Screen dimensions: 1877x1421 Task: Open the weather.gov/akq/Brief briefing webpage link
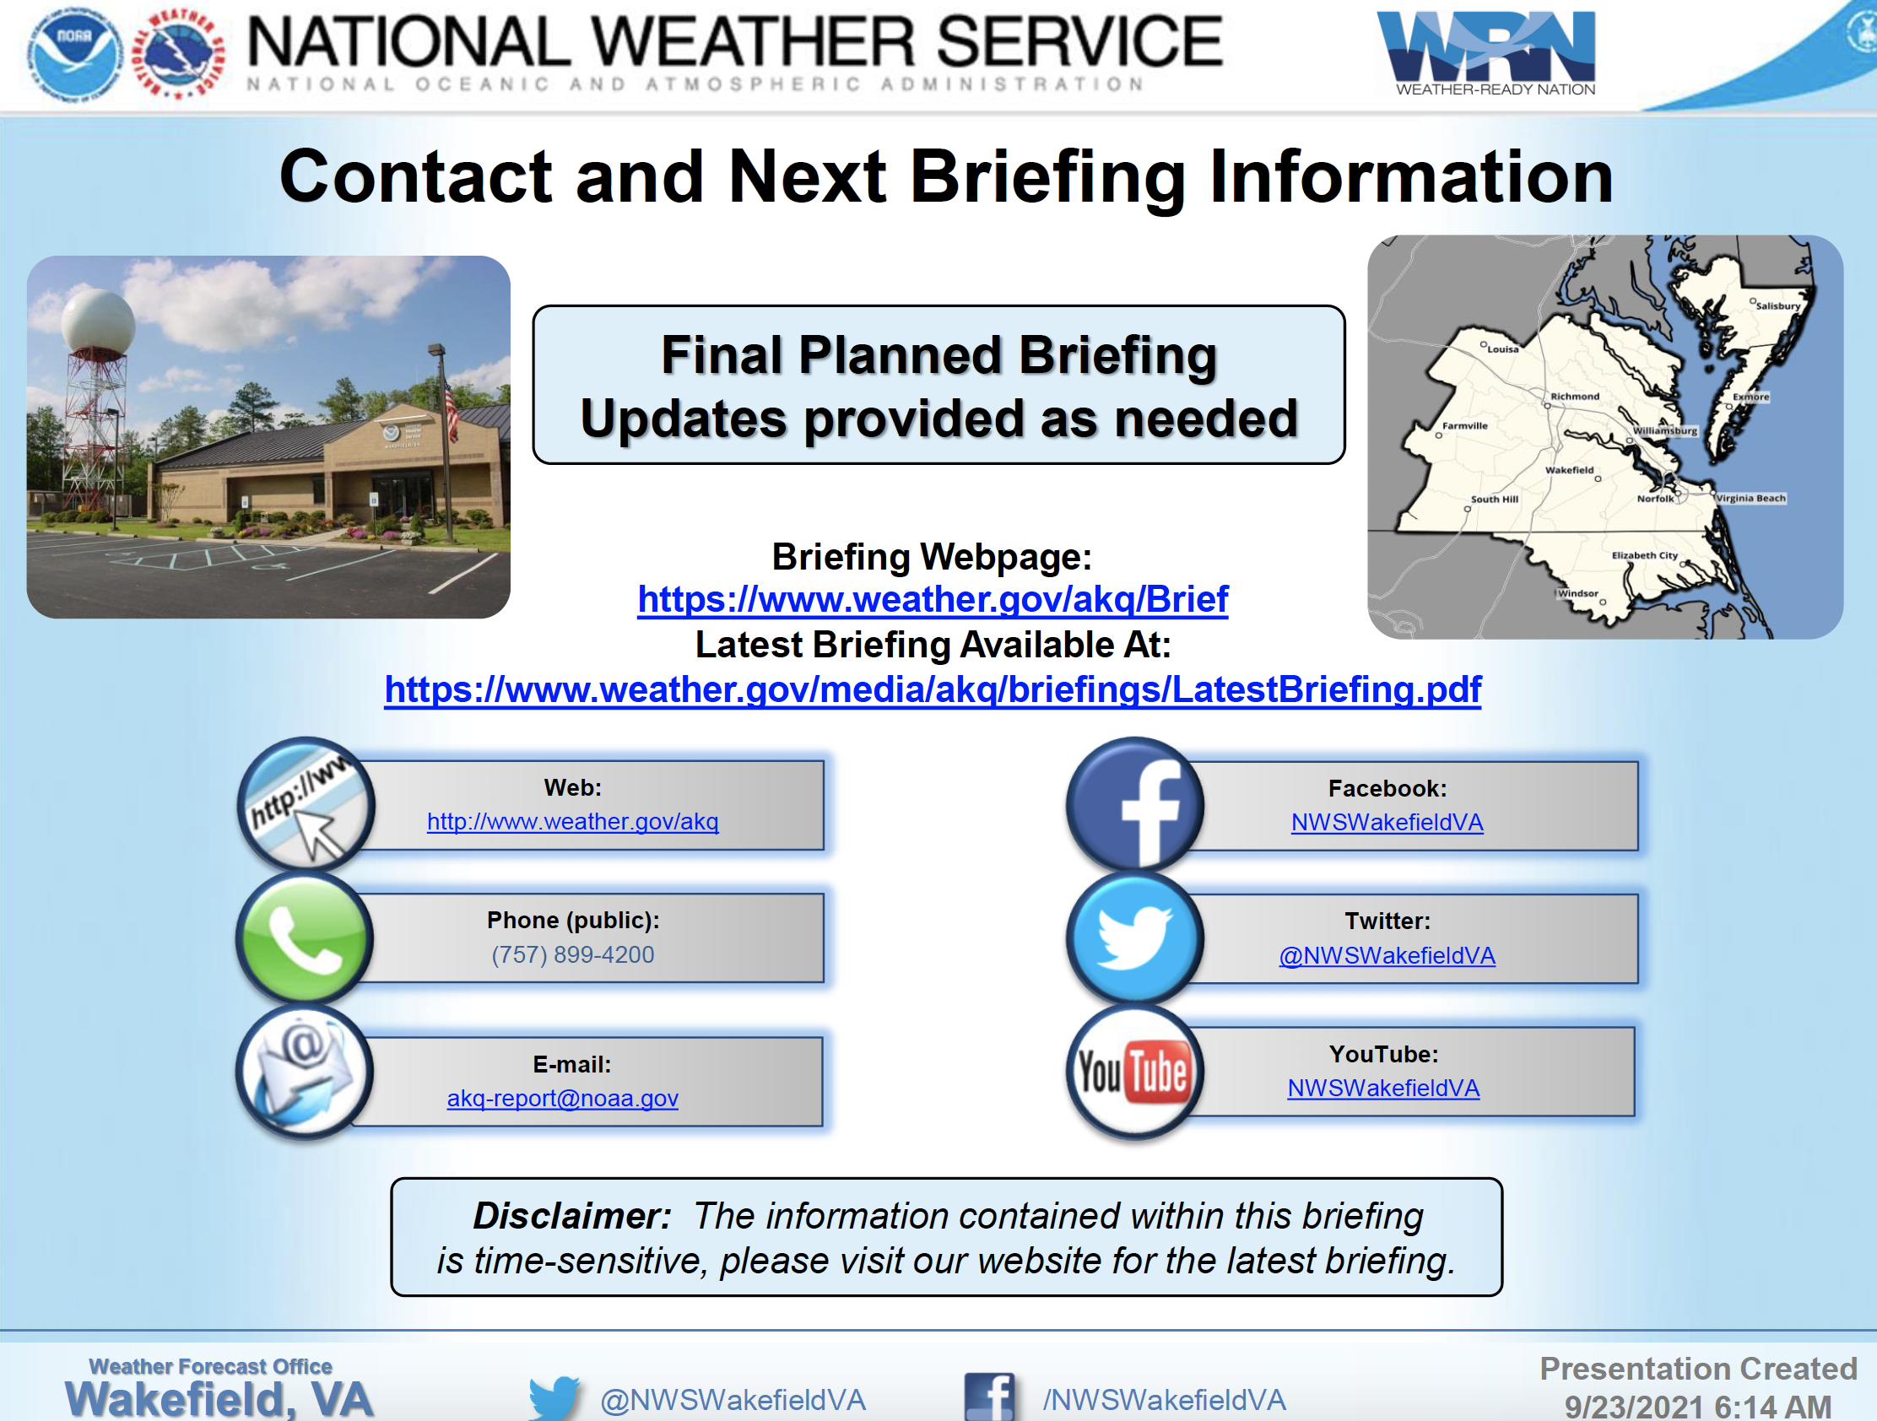933,599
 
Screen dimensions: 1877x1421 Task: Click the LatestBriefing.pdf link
933,689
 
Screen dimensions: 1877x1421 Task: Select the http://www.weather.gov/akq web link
573,821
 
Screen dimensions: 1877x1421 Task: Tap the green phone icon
305,937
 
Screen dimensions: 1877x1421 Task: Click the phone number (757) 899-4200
573,954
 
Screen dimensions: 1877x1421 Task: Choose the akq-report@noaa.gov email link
563,1099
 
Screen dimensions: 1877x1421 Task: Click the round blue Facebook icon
1134,803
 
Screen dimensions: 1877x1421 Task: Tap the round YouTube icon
1134,1072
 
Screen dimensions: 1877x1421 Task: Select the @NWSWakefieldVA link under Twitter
1387,955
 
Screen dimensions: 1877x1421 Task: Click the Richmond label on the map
1575,397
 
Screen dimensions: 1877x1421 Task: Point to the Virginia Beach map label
1751,498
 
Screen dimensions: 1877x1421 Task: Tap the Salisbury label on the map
1777,305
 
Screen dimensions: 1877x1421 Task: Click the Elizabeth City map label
1645,555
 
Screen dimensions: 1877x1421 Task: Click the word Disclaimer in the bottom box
572,1216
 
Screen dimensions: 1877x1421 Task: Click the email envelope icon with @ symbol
305,1072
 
